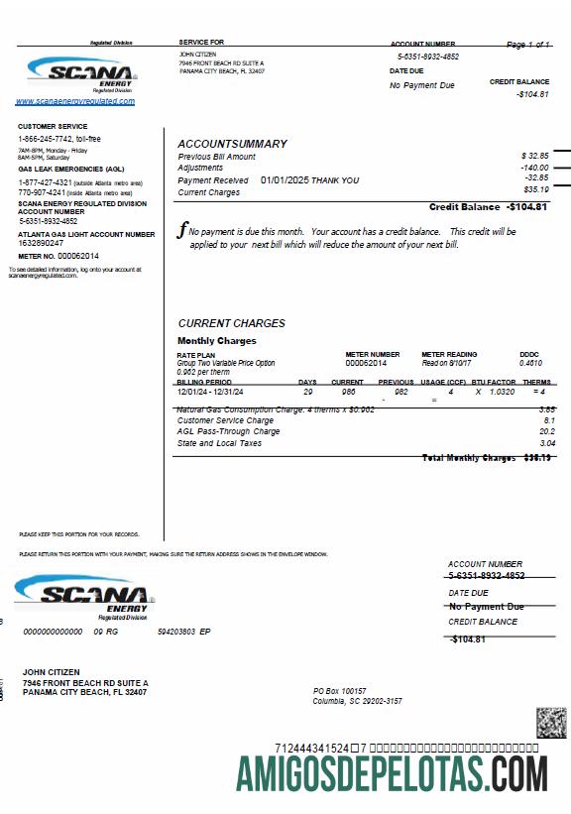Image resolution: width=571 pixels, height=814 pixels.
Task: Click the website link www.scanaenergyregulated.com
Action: [75, 101]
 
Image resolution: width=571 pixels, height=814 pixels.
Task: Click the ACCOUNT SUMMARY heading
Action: [232, 144]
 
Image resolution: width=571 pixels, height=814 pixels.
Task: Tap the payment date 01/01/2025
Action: [285, 180]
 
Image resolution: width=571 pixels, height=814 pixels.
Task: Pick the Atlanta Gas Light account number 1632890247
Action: [41, 243]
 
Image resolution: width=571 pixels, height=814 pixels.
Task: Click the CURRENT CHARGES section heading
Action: [231, 323]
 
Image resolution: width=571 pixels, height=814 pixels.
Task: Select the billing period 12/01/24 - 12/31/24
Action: [211, 392]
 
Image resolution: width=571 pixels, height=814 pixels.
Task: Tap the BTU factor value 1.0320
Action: [502, 392]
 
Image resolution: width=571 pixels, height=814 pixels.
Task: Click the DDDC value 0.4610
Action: [530, 364]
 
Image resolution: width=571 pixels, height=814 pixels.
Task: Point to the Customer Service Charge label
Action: [225, 420]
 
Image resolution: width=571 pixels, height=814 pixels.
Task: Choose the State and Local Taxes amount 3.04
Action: [547, 443]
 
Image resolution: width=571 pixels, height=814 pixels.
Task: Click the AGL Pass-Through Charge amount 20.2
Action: [547, 431]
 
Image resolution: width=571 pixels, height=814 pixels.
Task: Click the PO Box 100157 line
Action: [340, 690]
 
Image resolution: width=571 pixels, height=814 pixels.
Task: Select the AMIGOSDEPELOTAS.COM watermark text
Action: [391, 771]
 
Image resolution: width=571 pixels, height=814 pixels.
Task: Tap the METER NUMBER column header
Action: [373, 354]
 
